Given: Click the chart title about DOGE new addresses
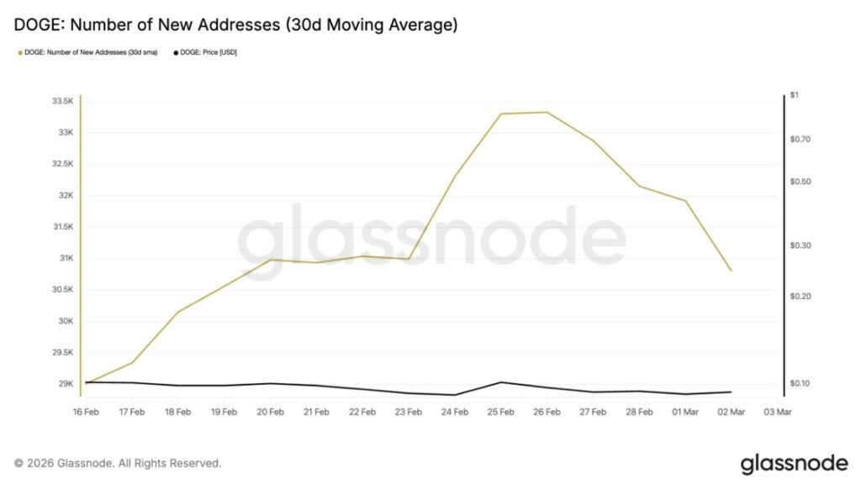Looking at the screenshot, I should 236,25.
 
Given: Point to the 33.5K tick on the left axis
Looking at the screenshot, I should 62,102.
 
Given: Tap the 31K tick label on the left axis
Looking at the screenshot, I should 66,258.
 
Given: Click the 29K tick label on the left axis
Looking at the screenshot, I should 66,384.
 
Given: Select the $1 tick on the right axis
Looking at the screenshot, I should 794,96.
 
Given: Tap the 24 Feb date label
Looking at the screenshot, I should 454,412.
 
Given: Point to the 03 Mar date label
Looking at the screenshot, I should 777,412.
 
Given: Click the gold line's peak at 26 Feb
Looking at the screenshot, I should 547,112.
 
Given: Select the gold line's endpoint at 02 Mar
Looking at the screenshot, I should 731,271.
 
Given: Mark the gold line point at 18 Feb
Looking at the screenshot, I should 177,312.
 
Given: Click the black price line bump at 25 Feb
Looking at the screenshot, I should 501,382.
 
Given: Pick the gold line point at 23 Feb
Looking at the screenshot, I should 408,259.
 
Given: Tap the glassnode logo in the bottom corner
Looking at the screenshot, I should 793,463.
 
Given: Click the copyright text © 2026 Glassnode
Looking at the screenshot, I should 118,463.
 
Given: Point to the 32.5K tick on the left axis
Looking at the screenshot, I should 62,164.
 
